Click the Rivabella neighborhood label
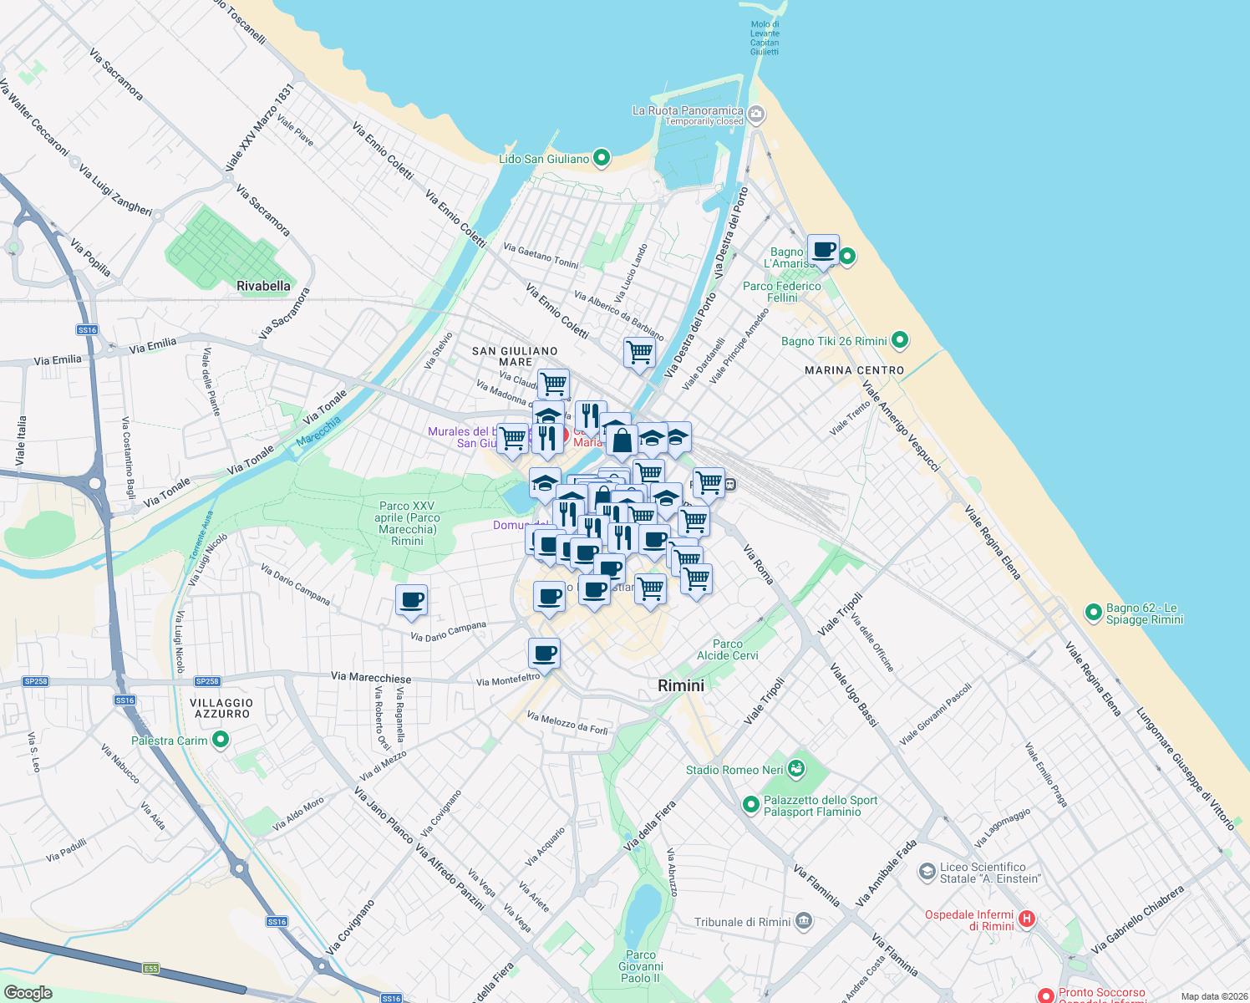[x=263, y=286]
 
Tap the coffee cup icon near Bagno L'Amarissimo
[x=823, y=250]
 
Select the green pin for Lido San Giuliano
[x=601, y=158]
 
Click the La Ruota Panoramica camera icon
[x=756, y=115]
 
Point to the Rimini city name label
[x=680, y=685]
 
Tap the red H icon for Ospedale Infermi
[x=1027, y=919]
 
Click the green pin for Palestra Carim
[x=221, y=740]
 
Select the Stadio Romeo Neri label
[x=734, y=770]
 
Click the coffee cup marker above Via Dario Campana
[x=412, y=600]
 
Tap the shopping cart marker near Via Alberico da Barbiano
[x=639, y=352]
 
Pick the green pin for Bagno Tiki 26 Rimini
[x=900, y=340]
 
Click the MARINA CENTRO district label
[x=854, y=369]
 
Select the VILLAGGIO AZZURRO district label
[x=221, y=708]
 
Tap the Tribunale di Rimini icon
[x=803, y=921]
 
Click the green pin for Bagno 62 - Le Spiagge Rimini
[x=1093, y=613]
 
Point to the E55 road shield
[x=150, y=968]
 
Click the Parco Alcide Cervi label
[x=728, y=649]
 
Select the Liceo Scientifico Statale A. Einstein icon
[x=927, y=872]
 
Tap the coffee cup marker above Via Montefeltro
[x=544, y=654]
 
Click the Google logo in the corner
[x=28, y=992]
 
